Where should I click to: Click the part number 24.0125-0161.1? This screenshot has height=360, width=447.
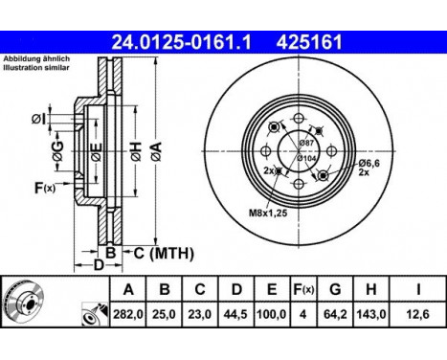(x=182, y=42)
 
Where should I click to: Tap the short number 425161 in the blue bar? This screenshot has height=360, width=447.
(x=309, y=42)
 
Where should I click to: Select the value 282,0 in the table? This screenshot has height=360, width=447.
(x=128, y=314)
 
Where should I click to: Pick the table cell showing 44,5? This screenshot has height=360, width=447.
(x=235, y=314)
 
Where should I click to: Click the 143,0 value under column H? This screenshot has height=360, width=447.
(x=370, y=314)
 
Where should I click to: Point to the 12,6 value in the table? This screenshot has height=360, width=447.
(x=418, y=314)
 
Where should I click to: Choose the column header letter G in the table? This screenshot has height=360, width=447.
(x=335, y=289)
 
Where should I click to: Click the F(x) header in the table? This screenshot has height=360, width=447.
(x=303, y=289)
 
